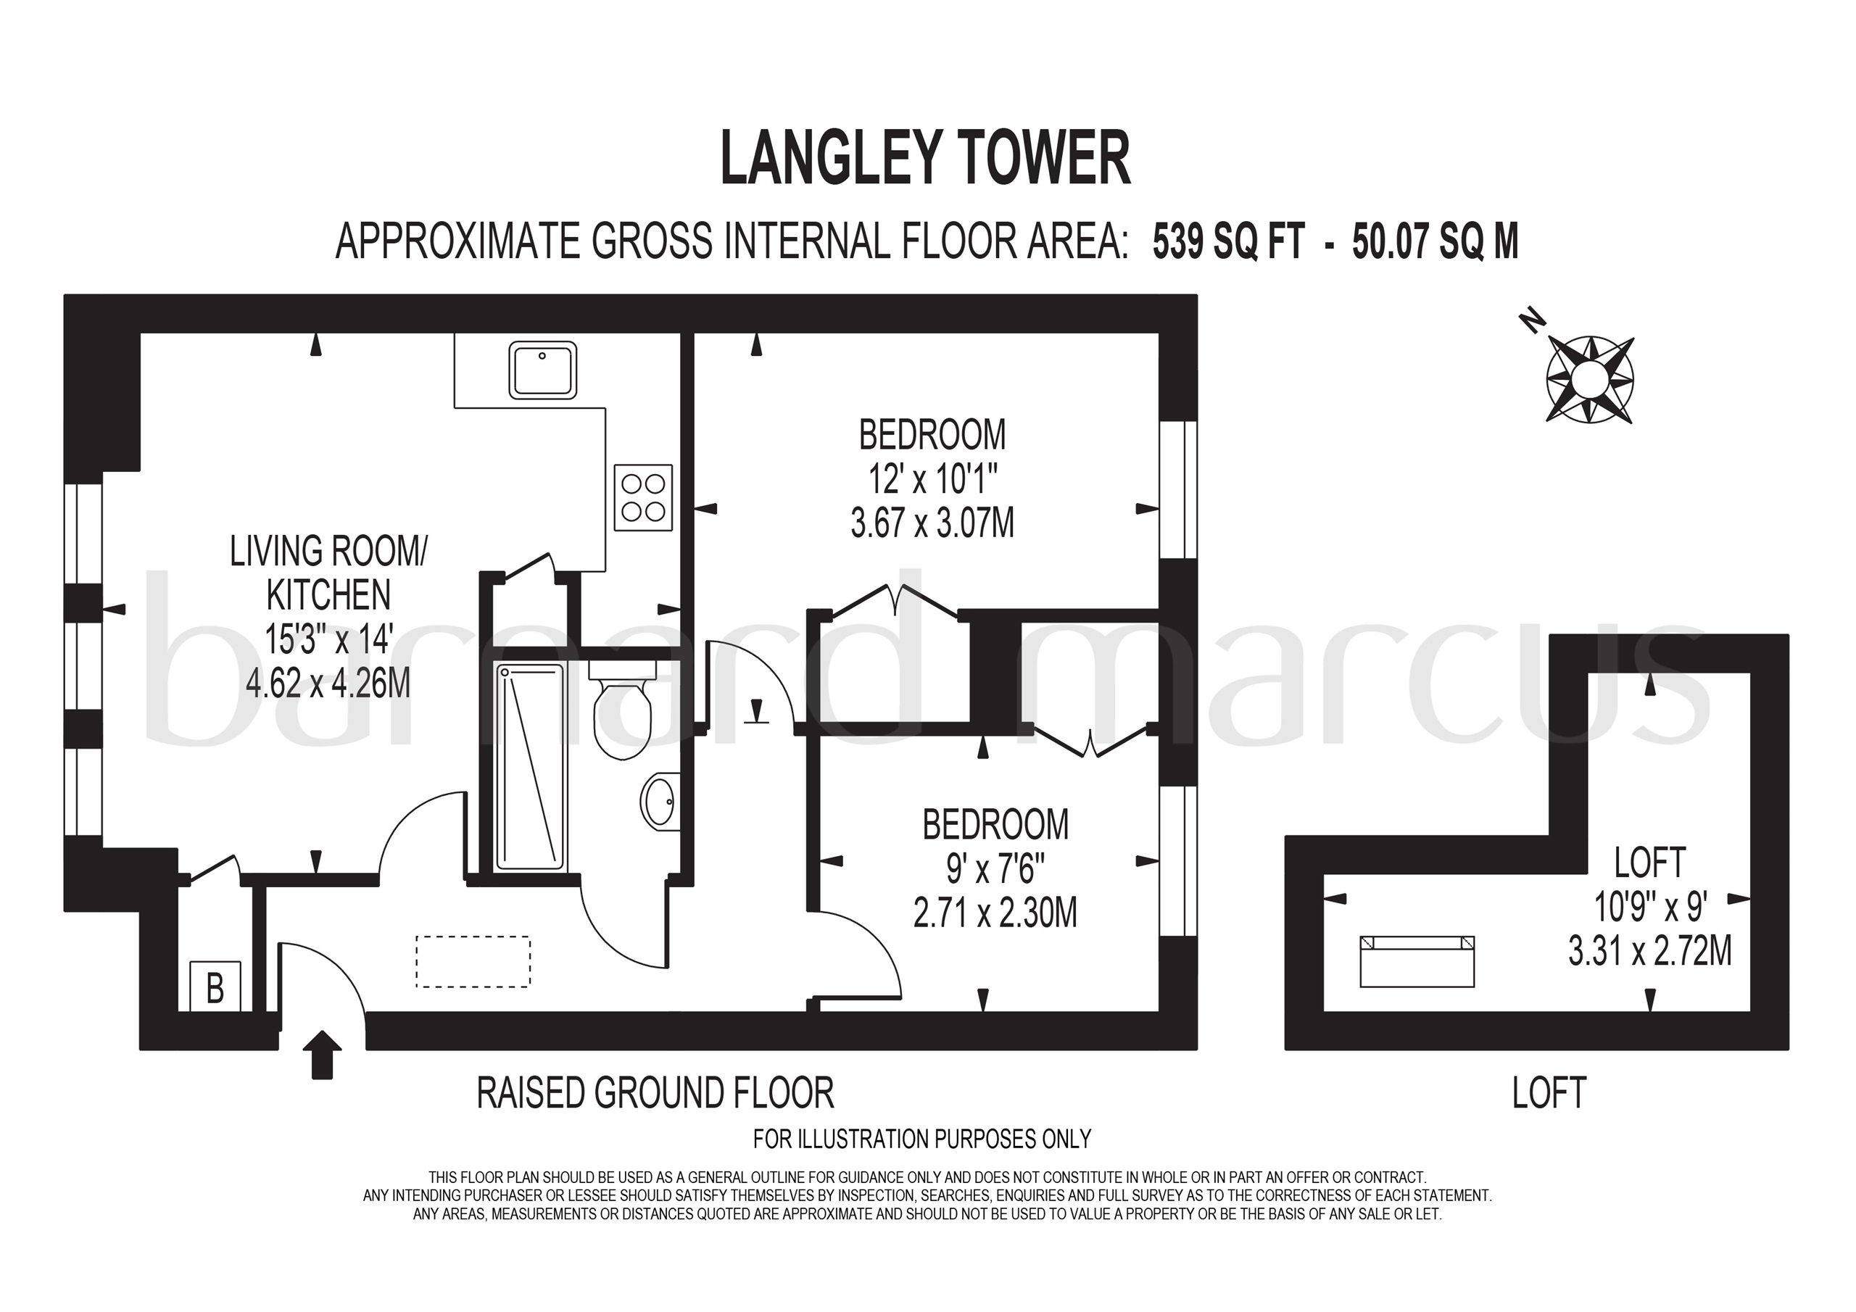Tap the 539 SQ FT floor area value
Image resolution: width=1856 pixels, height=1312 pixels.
(x=1228, y=241)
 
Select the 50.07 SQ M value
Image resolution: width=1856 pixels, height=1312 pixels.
(x=1435, y=241)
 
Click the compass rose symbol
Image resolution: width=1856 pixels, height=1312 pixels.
(x=1589, y=378)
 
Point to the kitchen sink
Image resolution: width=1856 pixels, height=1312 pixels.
(x=542, y=370)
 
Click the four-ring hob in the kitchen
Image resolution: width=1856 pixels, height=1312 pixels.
(x=642, y=498)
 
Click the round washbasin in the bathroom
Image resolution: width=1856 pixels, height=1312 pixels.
(x=660, y=801)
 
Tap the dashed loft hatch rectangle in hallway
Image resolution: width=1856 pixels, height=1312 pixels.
(x=473, y=961)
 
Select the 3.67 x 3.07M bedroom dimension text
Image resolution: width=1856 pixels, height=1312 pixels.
(x=932, y=524)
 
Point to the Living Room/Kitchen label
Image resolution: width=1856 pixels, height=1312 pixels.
(x=328, y=573)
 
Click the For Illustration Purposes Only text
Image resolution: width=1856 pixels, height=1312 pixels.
(x=921, y=1139)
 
